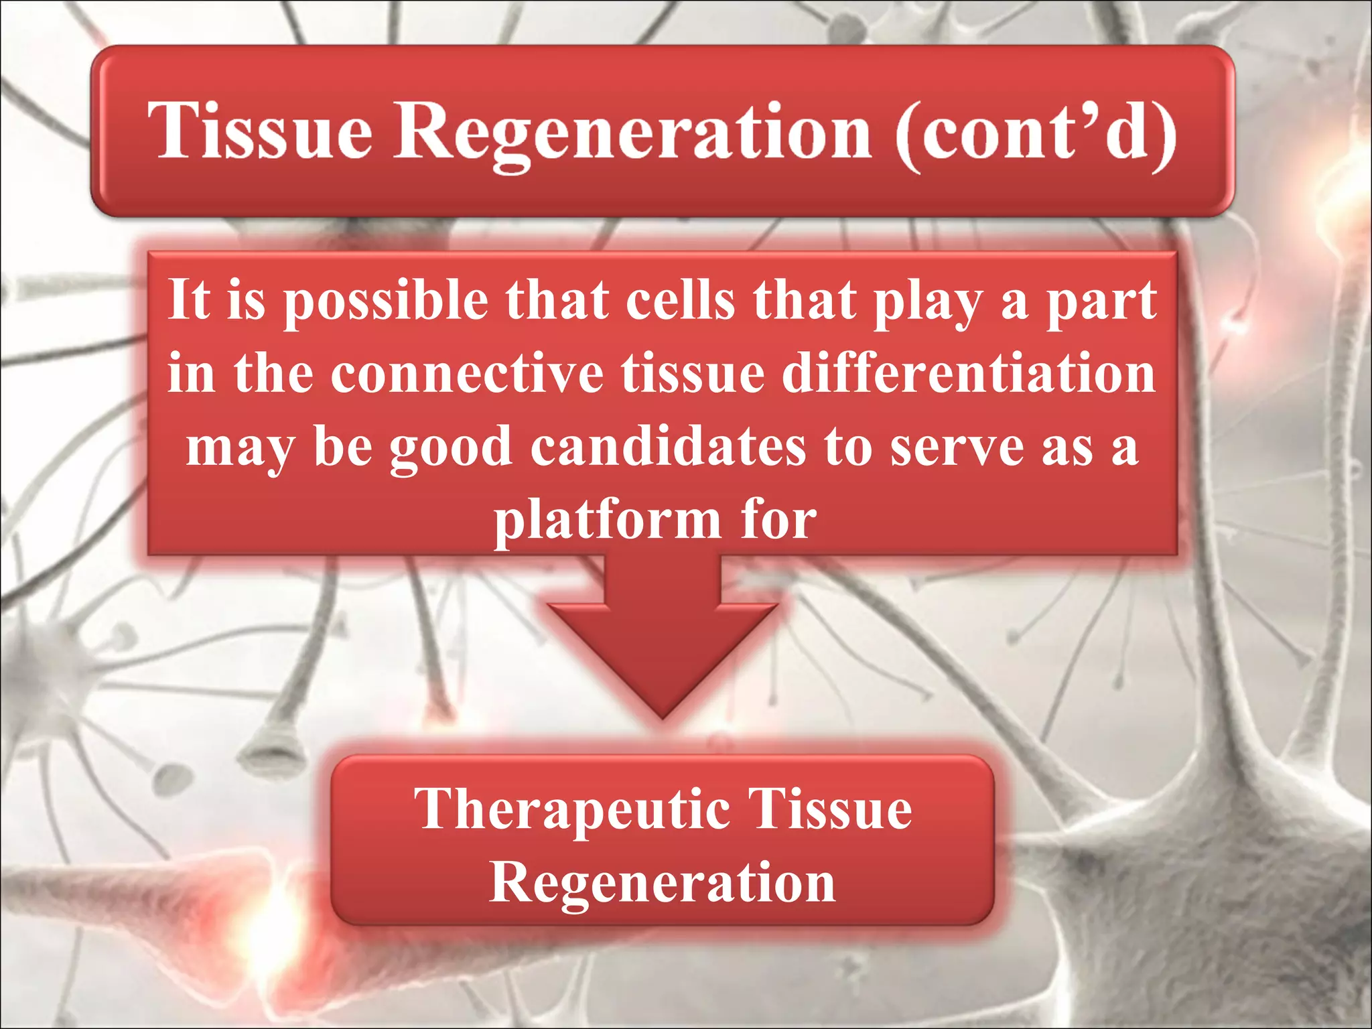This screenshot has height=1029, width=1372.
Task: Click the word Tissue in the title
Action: point(260,131)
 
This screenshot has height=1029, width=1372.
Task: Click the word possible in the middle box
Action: point(385,301)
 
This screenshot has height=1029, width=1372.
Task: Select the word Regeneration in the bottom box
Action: point(662,883)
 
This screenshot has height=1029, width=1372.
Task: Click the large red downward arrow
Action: point(662,636)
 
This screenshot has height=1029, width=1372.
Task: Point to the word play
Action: point(928,301)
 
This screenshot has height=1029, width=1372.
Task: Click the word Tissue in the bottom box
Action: point(829,809)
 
